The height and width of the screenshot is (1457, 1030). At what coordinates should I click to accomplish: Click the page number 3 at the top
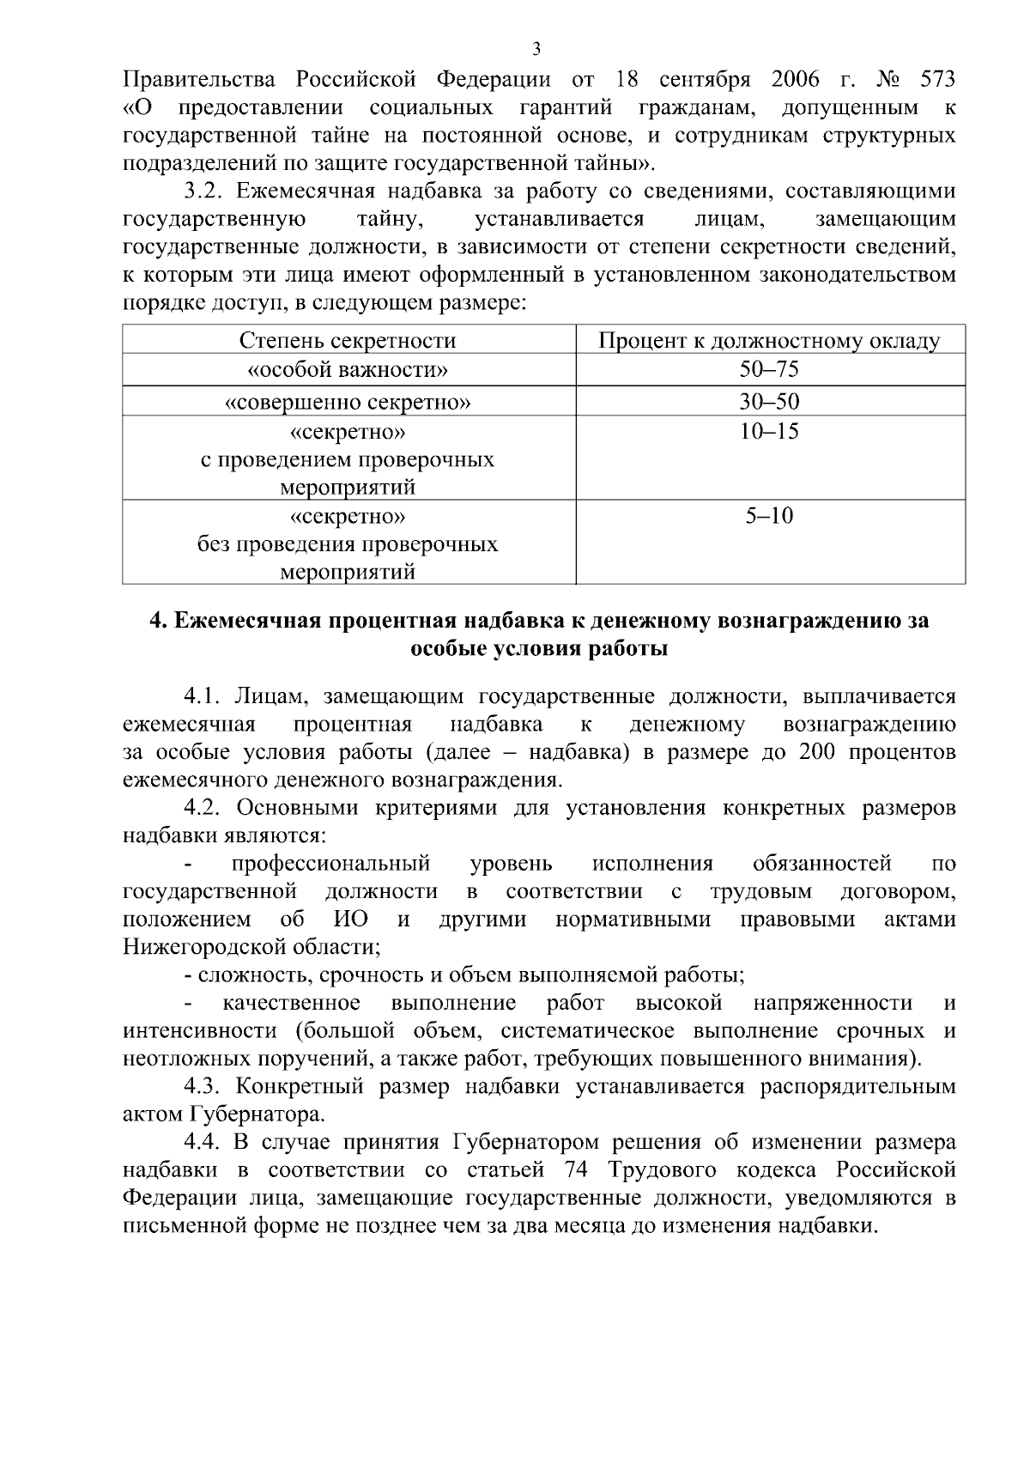tap(536, 48)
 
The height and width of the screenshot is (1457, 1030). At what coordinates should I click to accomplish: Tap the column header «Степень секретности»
tap(348, 341)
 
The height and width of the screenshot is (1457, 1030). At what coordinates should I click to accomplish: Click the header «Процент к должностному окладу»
tap(769, 341)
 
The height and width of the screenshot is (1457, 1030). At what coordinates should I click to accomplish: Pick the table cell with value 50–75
tap(769, 370)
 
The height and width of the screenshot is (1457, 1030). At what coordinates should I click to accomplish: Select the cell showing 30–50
tap(769, 402)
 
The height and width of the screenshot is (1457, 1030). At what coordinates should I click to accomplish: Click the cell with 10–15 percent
tap(769, 431)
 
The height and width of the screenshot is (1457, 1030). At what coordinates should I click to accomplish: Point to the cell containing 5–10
tap(769, 515)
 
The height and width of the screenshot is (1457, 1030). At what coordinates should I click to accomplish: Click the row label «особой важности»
tap(348, 370)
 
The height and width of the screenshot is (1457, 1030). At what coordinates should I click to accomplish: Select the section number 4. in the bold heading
tap(157, 621)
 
